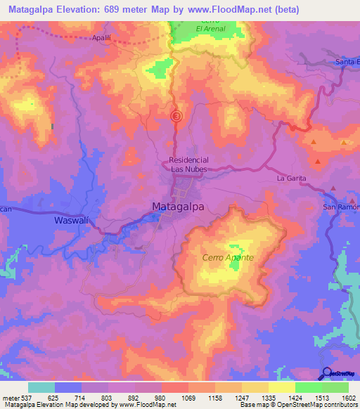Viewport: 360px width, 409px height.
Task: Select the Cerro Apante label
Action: coord(228,258)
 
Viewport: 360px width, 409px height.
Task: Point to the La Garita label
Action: coord(291,178)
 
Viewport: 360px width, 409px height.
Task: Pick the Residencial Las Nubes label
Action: coord(190,164)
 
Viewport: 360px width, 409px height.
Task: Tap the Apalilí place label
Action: coord(105,39)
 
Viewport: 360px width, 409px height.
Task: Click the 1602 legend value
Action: coord(347,397)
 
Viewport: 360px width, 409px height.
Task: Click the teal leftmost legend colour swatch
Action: coord(41,387)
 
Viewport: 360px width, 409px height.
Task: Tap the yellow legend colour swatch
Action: coord(281,387)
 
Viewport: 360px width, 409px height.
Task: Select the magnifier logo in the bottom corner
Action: coord(327,373)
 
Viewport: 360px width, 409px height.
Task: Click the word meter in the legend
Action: coord(10,397)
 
